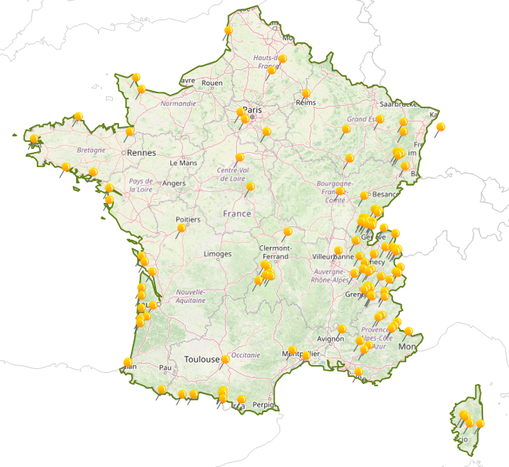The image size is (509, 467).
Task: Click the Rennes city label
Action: tap(142, 153)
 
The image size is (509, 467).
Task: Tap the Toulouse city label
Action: tap(202, 359)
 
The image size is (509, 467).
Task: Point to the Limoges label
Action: tap(217, 254)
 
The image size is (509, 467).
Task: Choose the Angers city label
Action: tap(174, 184)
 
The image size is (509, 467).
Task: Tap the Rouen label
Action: tap(212, 82)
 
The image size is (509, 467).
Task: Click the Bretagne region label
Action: tap(91, 150)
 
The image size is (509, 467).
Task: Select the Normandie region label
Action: tap(178, 103)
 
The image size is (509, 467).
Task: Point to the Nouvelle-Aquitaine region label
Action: tap(191, 295)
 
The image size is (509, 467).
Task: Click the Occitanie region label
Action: tap(245, 355)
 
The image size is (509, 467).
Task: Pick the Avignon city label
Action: tap(330, 338)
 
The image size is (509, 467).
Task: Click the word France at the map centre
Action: tap(237, 213)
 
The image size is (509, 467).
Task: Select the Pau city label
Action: tap(165, 367)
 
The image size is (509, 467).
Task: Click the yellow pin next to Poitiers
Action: tap(182, 228)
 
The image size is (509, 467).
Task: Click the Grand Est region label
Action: tap(362, 119)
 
